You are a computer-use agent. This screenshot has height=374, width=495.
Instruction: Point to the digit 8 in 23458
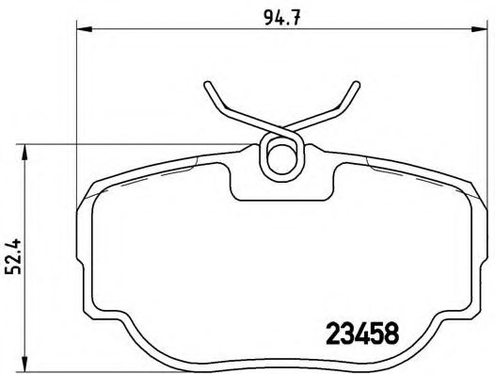pos(391,333)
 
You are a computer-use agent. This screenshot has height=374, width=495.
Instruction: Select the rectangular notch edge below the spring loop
pos(279,199)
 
